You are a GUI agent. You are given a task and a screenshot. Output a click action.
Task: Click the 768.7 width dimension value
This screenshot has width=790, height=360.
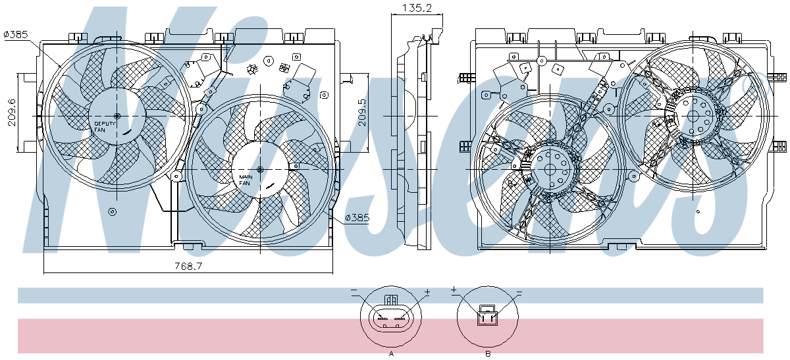coord(188,266)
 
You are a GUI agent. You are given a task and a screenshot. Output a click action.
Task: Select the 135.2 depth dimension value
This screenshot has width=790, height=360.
coord(417,8)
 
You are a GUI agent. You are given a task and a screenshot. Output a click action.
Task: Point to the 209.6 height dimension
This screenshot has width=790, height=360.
coord(12,112)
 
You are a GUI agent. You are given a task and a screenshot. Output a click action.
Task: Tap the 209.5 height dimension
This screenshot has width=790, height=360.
coord(362,113)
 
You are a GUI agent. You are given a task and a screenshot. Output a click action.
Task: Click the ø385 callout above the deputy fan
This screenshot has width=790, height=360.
coord(16,35)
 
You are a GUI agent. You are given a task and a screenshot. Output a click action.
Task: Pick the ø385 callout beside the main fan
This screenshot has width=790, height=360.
coord(357,218)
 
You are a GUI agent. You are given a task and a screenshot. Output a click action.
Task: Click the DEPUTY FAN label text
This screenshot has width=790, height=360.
coord(105,126)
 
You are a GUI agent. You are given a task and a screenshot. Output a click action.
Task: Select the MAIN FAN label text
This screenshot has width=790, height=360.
coord(246,180)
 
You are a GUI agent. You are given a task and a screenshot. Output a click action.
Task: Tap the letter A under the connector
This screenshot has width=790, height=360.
coord(391,353)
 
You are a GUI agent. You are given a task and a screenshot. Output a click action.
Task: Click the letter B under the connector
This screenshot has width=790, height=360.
coord(488,353)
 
